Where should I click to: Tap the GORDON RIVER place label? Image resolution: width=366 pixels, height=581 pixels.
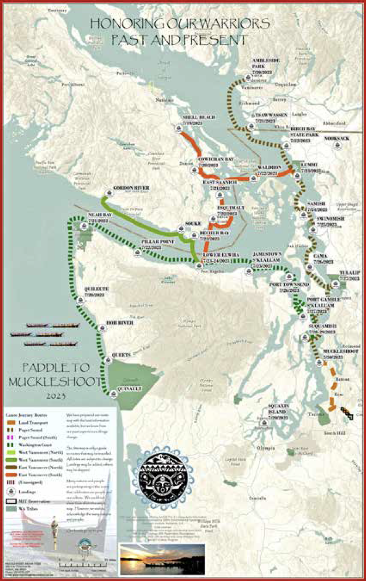tap(131, 188)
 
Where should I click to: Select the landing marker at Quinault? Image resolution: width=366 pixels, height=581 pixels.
tap(114, 394)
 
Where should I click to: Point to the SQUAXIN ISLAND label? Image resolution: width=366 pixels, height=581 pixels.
tap(279, 408)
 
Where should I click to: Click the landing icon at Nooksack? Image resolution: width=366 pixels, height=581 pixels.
tap(337, 146)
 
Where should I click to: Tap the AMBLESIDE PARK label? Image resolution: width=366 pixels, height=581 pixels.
tap(266, 63)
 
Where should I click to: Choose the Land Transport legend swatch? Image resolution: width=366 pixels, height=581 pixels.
tap(11, 422)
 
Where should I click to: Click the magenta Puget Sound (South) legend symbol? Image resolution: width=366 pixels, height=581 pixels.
tap(11, 438)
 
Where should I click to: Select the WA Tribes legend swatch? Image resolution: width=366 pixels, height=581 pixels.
tap(11, 509)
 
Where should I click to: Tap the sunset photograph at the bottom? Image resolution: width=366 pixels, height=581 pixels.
tap(162, 559)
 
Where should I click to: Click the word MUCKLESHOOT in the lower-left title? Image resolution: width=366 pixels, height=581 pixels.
tap(55, 382)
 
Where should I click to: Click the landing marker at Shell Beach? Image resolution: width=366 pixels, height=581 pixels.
tap(179, 129)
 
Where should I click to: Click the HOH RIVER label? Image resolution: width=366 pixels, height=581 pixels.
tap(120, 323)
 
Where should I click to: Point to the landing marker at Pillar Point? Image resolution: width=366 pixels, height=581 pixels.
tap(138, 253)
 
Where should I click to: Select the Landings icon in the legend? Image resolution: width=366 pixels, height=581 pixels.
tap(11, 492)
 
